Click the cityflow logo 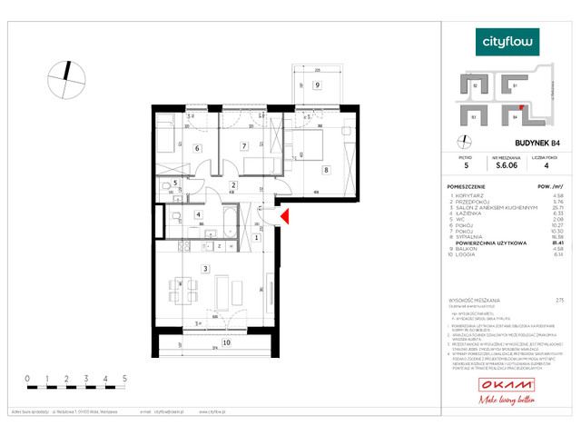508,41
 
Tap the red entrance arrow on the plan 284,216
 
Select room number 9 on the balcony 317,85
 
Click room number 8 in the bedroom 325,169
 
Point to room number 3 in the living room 206,268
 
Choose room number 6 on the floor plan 196,147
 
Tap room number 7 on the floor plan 243,145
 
